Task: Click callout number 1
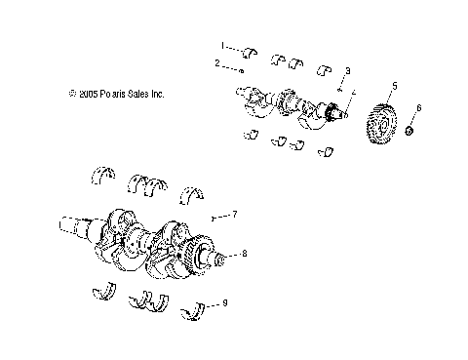[x=221, y=46]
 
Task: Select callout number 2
[x=216, y=63]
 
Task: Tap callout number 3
[x=348, y=71]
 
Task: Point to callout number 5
[x=394, y=85]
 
